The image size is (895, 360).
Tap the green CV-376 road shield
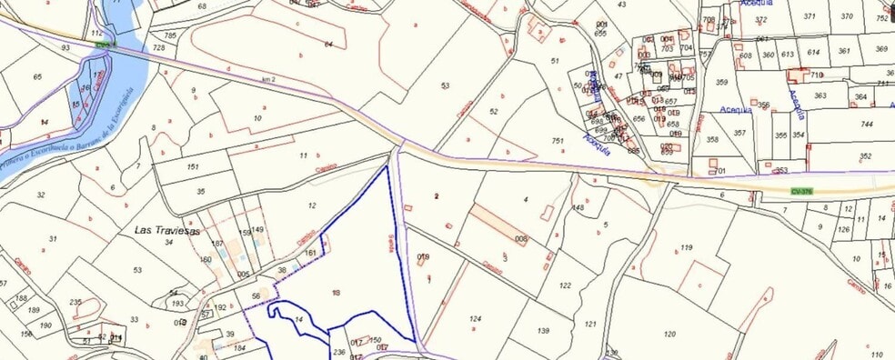(x=801, y=192)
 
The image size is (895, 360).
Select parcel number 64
(x=328, y=44)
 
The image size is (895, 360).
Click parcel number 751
(x=558, y=141)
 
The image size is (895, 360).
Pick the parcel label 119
(x=686, y=247)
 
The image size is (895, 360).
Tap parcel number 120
(x=669, y=334)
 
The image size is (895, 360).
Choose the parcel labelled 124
(x=474, y=319)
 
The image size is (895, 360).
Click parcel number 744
(x=866, y=124)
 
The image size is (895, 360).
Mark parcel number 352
(x=864, y=156)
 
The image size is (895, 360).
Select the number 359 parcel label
(x=722, y=83)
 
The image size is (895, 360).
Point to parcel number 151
(x=192, y=167)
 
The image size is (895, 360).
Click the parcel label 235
(x=75, y=302)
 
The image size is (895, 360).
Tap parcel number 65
(x=37, y=77)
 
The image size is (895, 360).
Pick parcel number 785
(x=170, y=36)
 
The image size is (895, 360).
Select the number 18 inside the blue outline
(x=336, y=293)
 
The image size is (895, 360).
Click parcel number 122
(x=565, y=285)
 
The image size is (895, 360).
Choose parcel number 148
(x=578, y=208)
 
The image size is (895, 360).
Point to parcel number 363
(x=820, y=95)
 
